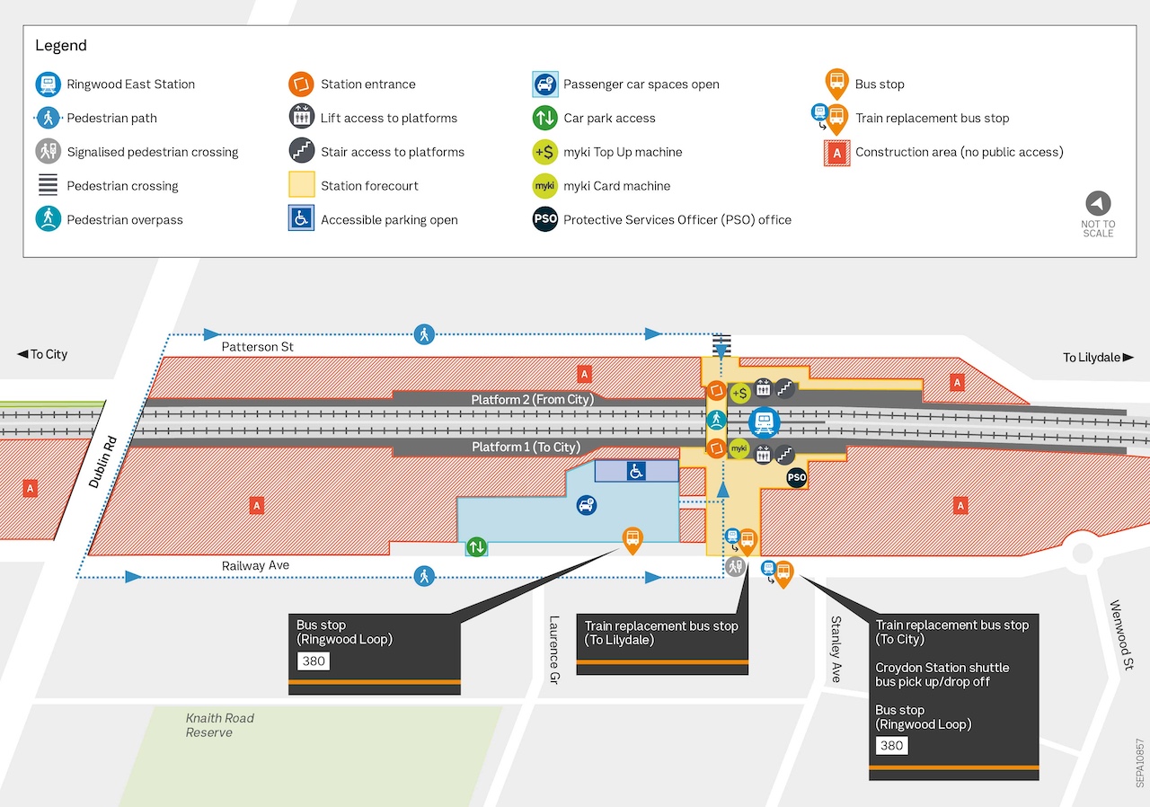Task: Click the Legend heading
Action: click(x=61, y=46)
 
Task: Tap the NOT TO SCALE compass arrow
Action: click(x=1098, y=203)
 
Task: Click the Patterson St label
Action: click(x=258, y=347)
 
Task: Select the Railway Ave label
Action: click(x=256, y=565)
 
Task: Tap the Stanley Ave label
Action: click(x=836, y=649)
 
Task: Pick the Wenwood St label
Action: click(x=1121, y=635)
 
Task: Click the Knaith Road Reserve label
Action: click(x=219, y=725)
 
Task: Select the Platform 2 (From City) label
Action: click(x=533, y=400)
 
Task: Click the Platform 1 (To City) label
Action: click(x=526, y=448)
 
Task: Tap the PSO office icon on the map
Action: click(x=797, y=478)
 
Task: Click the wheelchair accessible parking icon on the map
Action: click(x=636, y=470)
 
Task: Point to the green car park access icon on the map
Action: click(x=476, y=546)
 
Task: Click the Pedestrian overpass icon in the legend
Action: click(x=48, y=219)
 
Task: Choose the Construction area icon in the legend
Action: click(x=837, y=153)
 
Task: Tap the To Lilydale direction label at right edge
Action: click(x=1097, y=358)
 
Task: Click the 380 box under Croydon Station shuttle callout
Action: click(x=891, y=745)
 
